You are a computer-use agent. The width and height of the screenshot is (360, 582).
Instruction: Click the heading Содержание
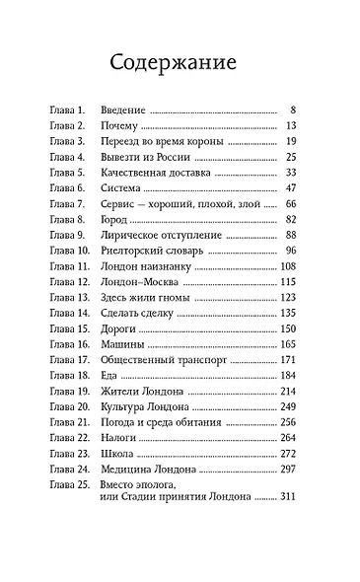[x=180, y=65]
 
